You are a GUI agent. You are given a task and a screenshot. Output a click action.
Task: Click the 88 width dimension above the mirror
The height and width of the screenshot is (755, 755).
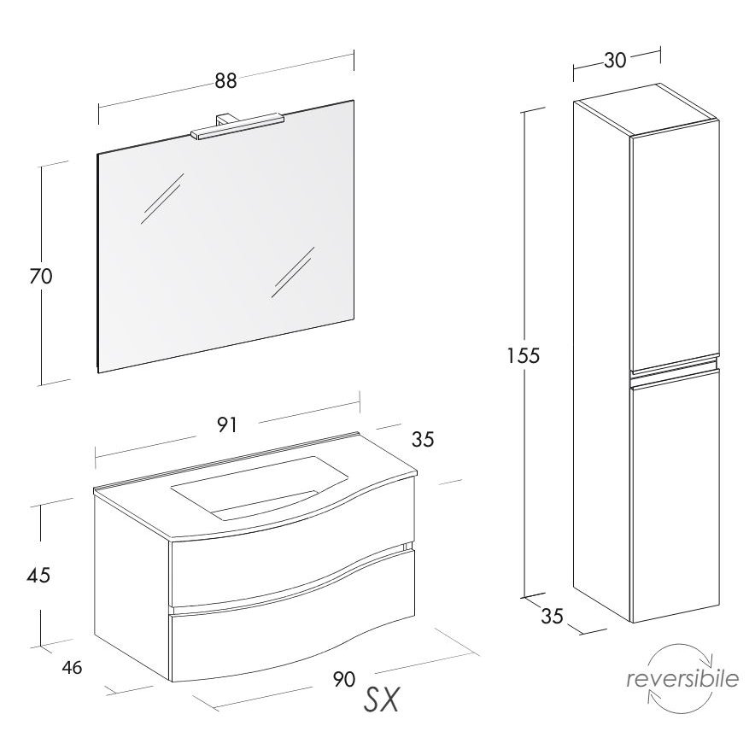[x=225, y=80]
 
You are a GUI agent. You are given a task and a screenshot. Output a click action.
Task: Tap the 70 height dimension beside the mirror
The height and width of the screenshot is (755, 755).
[x=41, y=277]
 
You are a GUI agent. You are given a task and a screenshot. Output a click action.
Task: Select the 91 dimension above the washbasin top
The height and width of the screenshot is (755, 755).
[x=226, y=424]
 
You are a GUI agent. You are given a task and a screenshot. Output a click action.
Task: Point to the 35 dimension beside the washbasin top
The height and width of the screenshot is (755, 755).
[x=423, y=439]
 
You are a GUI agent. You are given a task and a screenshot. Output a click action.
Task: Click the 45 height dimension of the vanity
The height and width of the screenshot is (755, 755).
[x=39, y=575]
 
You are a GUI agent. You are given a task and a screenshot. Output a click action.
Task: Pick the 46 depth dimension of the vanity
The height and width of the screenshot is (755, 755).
[x=72, y=667]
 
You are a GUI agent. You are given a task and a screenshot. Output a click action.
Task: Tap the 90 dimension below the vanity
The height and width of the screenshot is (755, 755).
[x=344, y=679]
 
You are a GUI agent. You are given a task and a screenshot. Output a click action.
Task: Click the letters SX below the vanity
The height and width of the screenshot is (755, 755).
[x=382, y=699]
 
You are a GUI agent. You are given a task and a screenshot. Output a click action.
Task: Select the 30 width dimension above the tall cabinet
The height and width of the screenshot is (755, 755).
[x=615, y=60]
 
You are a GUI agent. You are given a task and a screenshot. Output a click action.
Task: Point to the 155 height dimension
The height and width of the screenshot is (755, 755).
[x=524, y=356]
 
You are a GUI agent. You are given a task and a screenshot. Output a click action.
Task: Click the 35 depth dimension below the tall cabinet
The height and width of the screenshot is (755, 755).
[x=552, y=616]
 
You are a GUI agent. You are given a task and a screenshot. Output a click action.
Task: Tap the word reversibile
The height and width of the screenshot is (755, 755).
[x=682, y=678]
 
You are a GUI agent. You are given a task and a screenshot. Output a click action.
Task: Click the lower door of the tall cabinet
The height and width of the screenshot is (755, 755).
[x=675, y=496]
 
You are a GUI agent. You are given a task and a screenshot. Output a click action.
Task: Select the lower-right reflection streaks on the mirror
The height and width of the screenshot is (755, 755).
[x=293, y=272]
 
